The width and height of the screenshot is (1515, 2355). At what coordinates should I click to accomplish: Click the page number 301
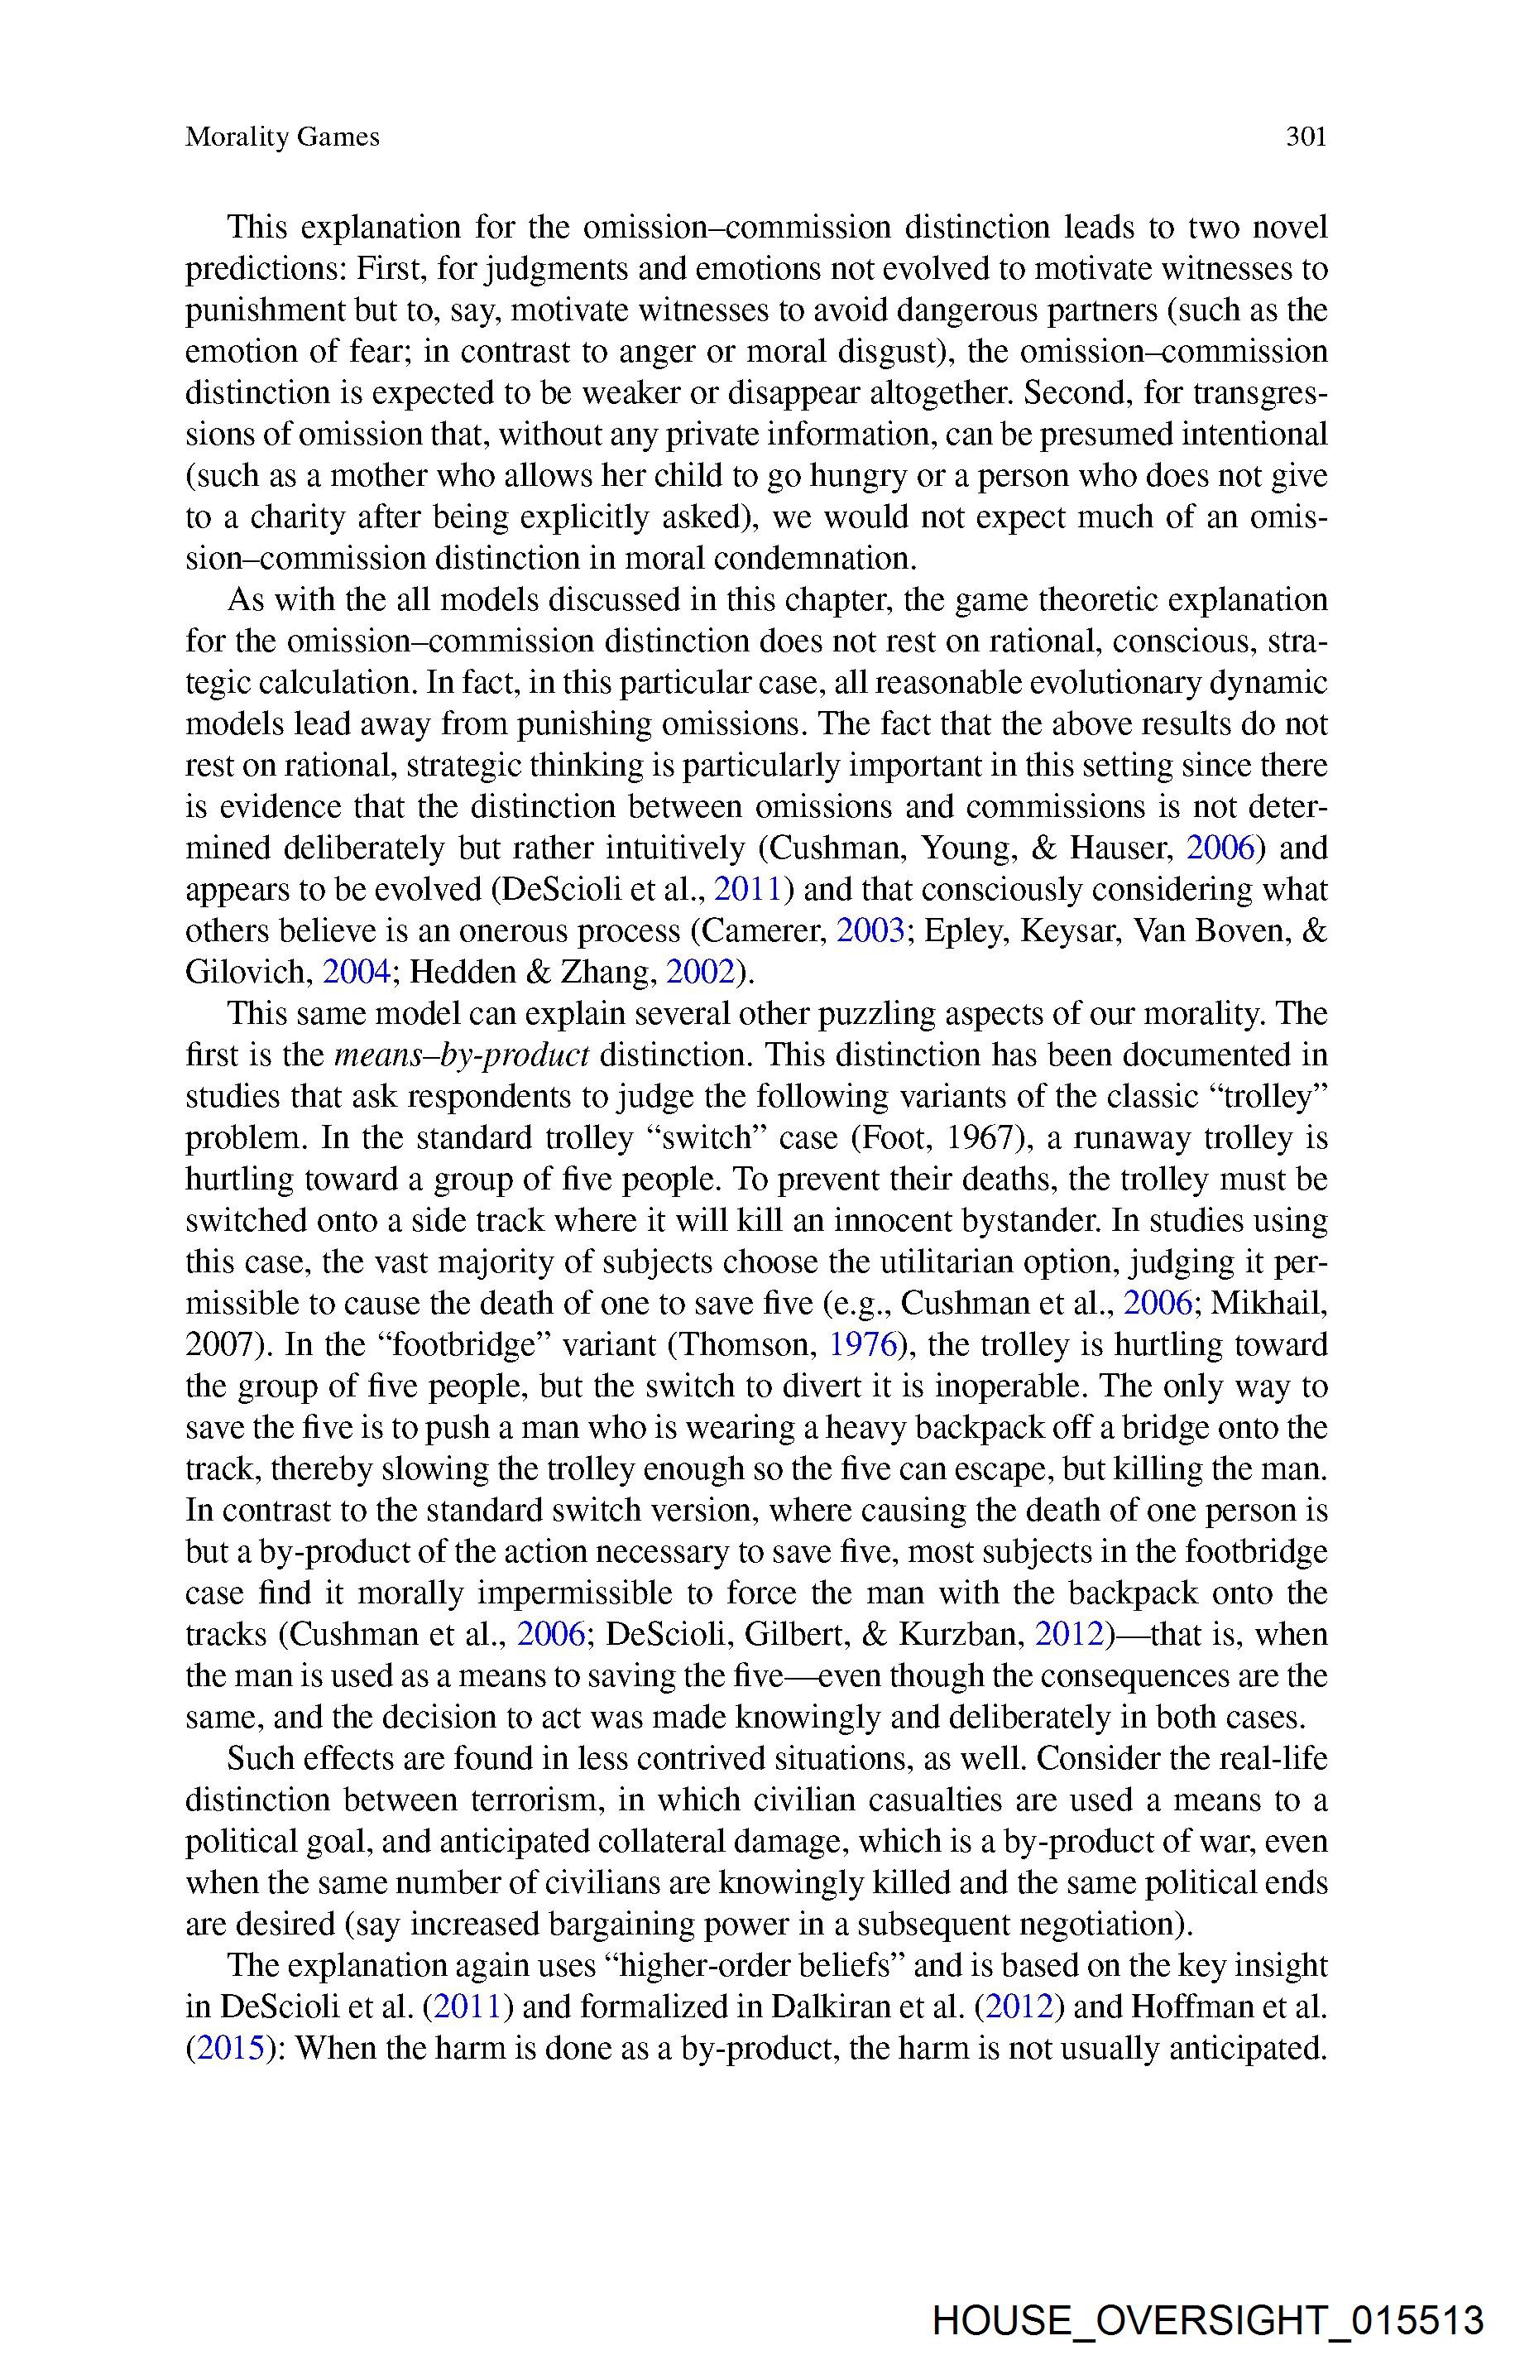tap(1306, 137)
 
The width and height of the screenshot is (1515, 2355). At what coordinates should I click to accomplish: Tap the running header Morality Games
tap(282, 137)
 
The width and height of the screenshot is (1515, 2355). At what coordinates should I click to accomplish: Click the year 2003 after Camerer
tap(870, 931)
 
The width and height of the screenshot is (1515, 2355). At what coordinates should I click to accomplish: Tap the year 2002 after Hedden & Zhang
tap(699, 973)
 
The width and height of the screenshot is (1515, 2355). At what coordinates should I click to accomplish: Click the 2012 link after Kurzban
tap(1069, 1635)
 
